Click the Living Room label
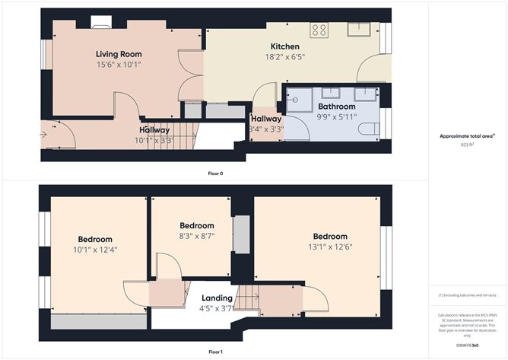tap(119, 54)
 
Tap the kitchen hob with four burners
tap(319, 30)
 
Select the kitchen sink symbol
tap(358, 29)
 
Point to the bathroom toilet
tap(370, 129)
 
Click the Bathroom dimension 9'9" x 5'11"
tap(337, 118)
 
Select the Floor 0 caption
tap(215, 174)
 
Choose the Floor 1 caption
tap(215, 352)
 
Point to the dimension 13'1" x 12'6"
tap(330, 247)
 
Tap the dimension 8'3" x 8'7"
tap(197, 237)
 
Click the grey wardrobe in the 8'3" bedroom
tap(241, 234)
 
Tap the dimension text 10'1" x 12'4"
tap(95, 250)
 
